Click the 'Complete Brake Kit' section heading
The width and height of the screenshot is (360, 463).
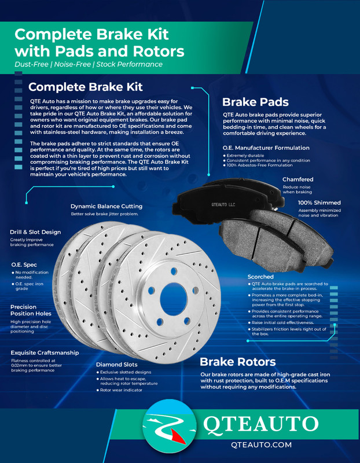click(85, 87)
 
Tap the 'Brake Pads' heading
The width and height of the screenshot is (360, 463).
click(255, 102)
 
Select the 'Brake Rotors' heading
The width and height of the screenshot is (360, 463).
click(237, 362)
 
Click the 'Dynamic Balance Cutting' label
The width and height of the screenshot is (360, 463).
click(106, 206)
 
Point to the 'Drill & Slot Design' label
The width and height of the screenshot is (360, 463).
click(35, 232)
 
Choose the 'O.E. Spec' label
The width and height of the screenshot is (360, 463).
click(25, 264)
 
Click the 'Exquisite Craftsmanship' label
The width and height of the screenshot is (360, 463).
click(45, 352)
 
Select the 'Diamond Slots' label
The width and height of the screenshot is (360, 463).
click(116, 365)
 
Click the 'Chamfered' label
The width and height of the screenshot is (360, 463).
click(297, 179)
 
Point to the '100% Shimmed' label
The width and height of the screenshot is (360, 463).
click(319, 203)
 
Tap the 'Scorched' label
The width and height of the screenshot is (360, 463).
click(260, 277)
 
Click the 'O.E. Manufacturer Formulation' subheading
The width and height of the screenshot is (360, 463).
click(266, 148)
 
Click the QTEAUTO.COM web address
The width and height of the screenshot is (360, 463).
click(260, 445)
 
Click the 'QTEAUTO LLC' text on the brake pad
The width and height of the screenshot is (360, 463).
click(224, 205)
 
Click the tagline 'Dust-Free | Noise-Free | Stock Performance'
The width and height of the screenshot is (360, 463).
click(89, 64)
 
